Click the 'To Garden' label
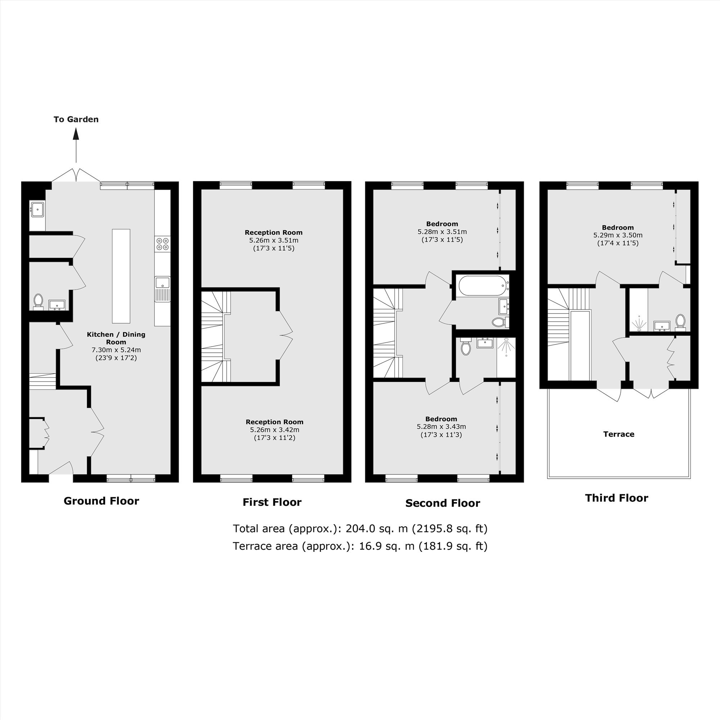tap(76, 119)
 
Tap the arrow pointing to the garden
tap(76, 145)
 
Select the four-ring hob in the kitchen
tap(162, 244)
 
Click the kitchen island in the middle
tap(121, 276)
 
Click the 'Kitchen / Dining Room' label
tap(116, 338)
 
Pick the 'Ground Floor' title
tap(102, 501)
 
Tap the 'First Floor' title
tap(272, 502)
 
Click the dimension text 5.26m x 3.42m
tap(275, 430)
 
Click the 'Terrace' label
tap(618, 434)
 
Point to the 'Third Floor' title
tap(617, 498)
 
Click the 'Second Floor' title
tap(443, 504)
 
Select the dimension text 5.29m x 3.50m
tap(618, 235)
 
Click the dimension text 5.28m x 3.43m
tap(441, 427)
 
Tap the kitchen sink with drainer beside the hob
tap(162, 289)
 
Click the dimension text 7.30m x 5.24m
tap(116, 350)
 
